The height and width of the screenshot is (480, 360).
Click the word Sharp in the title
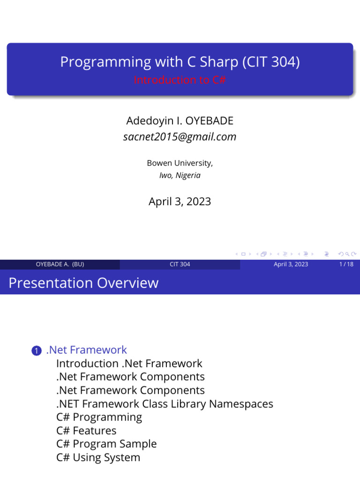[x=220, y=62]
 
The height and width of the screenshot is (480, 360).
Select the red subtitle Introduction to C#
[x=180, y=80]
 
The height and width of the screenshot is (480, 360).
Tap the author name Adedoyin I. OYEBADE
[x=180, y=121]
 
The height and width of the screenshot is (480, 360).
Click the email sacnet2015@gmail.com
[x=180, y=137]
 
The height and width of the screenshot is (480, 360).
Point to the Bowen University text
[x=180, y=163]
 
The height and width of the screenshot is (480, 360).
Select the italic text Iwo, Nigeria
[x=180, y=175]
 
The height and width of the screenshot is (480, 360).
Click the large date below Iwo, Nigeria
[x=180, y=202]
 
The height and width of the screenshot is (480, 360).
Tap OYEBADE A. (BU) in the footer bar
[x=60, y=264]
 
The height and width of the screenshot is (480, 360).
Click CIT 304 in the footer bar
[x=180, y=264]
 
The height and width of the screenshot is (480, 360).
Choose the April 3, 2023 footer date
[x=291, y=264]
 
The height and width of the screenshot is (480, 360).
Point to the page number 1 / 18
[x=346, y=264]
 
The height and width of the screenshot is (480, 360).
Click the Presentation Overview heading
[x=83, y=283]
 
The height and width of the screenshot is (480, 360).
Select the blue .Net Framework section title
[x=86, y=350]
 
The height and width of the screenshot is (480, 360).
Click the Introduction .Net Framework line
[x=129, y=363]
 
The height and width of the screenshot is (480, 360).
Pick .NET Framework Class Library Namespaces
[x=164, y=404]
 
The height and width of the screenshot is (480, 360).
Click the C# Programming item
[x=99, y=417]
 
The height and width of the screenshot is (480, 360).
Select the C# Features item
[x=86, y=430]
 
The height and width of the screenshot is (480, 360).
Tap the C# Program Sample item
[x=106, y=443]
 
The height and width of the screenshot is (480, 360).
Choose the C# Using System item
[x=98, y=457]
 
